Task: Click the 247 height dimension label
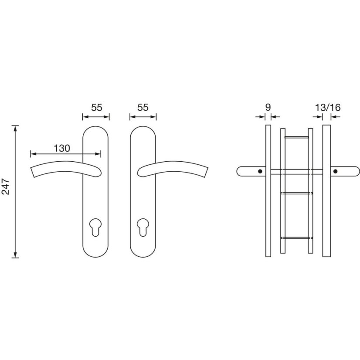pyautogui.click(x=6, y=187)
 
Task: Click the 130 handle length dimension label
pyautogui.click(x=62, y=148)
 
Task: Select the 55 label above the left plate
pyautogui.click(x=96, y=108)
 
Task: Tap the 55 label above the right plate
pyautogui.click(x=143, y=108)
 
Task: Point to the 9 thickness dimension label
pyautogui.click(x=268, y=107)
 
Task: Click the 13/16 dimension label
pyautogui.click(x=328, y=108)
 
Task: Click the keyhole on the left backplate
pyautogui.click(x=95, y=228)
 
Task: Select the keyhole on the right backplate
pyautogui.click(x=143, y=228)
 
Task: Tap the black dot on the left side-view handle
pyautogui.click(x=260, y=171)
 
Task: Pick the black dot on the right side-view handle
pyautogui.click(x=336, y=171)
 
